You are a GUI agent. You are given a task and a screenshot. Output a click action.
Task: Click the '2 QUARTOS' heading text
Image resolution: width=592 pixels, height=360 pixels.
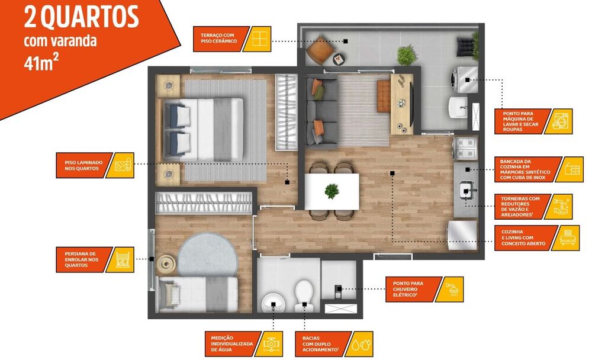pyautogui.click(x=81, y=17)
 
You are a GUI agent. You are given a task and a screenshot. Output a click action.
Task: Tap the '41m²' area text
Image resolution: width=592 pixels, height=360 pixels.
pyautogui.click(x=38, y=63)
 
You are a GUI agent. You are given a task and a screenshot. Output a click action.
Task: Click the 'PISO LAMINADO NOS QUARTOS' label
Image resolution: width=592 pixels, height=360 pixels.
pyautogui.click(x=83, y=165)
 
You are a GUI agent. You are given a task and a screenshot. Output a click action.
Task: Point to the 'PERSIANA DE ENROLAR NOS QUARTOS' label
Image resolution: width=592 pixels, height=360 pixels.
pyautogui.click(x=82, y=259)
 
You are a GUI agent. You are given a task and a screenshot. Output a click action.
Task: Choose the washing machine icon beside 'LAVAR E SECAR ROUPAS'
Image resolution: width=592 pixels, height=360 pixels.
pyautogui.click(x=560, y=121)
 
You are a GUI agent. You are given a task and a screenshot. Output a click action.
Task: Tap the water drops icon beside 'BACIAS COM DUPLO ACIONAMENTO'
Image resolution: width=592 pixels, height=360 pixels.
pyautogui.click(x=361, y=344)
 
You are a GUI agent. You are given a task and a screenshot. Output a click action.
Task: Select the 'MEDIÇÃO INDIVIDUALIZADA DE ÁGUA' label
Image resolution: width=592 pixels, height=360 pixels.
pyautogui.click(x=232, y=344)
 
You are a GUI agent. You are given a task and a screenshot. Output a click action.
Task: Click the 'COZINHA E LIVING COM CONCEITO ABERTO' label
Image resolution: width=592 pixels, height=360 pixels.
pyautogui.click(x=523, y=237)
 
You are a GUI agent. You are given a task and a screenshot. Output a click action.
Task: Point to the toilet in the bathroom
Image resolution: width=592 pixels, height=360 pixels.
pyautogui.click(x=304, y=295)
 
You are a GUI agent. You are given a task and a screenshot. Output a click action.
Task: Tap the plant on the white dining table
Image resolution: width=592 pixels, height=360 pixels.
pyautogui.click(x=332, y=191)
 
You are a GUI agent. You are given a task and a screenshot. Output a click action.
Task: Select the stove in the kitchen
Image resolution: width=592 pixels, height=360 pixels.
pyautogui.click(x=465, y=147)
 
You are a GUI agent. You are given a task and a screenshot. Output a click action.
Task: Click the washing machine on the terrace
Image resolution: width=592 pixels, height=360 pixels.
pyautogui.click(x=463, y=80)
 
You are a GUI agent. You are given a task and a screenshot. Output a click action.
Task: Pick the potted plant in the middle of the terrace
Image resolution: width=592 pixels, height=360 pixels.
pyautogui.click(x=407, y=55)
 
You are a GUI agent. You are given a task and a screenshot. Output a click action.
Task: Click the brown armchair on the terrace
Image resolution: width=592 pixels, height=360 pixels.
pyautogui.click(x=320, y=50)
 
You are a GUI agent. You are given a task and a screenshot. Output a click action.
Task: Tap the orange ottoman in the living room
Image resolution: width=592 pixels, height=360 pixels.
pyautogui.click(x=383, y=97)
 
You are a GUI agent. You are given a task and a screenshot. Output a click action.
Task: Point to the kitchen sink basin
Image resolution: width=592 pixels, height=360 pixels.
pyautogui.click(x=466, y=190)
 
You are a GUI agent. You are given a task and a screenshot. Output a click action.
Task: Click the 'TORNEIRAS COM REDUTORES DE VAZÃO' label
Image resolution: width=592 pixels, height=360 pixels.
pyautogui.click(x=520, y=206)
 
